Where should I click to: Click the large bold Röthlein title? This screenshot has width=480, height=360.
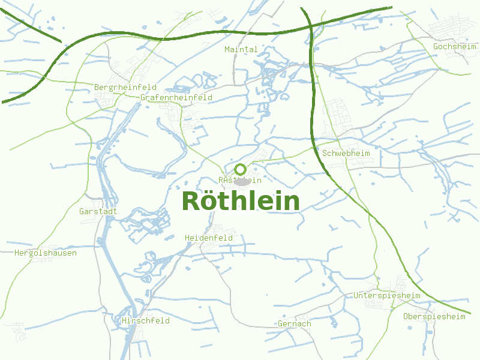(x=240, y=201)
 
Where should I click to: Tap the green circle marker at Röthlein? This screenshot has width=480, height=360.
(x=241, y=169)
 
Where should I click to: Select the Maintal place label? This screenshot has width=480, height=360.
(x=241, y=49)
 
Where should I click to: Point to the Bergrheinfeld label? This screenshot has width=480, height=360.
(x=125, y=87)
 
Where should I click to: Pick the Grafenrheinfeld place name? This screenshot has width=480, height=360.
(x=176, y=97)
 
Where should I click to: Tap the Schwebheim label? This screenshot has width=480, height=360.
(x=346, y=153)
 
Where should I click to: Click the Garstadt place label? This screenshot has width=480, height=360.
(x=98, y=211)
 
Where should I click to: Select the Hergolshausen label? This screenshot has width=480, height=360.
(x=46, y=253)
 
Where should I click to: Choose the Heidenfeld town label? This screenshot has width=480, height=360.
(x=209, y=238)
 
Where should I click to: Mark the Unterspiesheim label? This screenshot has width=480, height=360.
(x=386, y=295)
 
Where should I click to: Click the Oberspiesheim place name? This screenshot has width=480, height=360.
(x=434, y=316)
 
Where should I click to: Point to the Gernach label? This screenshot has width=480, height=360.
(x=295, y=324)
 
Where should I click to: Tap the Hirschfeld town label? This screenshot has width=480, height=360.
(x=146, y=320)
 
